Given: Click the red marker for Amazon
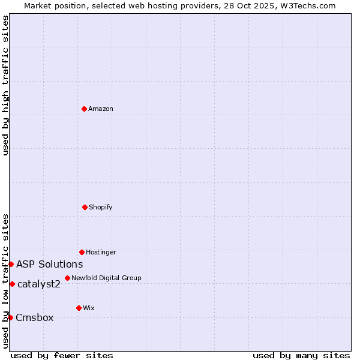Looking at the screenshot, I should [84, 109].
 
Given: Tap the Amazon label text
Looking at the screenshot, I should [101, 109].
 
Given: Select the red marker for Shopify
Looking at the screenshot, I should [85, 207].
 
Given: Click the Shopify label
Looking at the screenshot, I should [101, 208].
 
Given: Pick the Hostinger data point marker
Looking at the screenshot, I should [82, 252].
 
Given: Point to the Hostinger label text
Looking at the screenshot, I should [101, 253].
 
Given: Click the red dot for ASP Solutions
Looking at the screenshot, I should [11, 264].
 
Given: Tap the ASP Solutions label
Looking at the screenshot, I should [49, 265].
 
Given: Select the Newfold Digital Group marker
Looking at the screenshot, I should [67, 278].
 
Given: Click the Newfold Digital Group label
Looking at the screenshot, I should [106, 278].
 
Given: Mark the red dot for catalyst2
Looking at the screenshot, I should [12, 284].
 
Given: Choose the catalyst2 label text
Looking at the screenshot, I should [39, 284].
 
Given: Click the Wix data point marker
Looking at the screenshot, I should [79, 308].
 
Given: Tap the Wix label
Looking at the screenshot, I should [89, 308].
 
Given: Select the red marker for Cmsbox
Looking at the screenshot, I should [10, 317].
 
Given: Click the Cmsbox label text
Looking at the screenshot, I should [35, 318].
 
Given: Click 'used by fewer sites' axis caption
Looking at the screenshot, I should [62, 355].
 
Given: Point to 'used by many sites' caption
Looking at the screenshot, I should [301, 355].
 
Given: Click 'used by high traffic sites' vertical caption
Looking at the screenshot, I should [5, 85].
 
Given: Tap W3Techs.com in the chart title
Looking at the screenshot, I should [306, 5].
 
